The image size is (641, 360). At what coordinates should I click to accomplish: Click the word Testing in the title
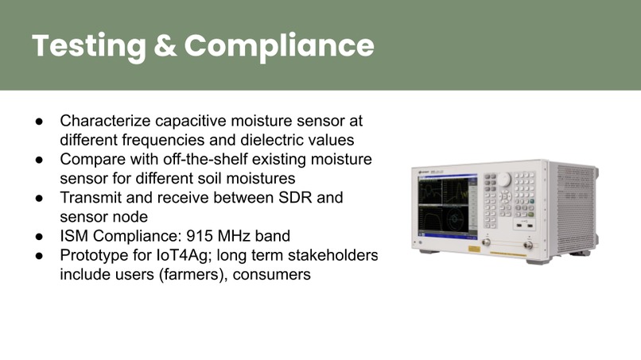[87, 45]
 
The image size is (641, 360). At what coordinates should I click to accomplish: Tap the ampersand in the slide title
[165, 45]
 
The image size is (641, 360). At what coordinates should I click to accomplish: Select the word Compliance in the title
[279, 45]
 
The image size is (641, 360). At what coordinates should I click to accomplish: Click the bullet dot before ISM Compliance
[38, 236]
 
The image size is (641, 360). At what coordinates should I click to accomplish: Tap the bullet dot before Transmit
[38, 198]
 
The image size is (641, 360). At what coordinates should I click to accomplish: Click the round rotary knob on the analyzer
[503, 180]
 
